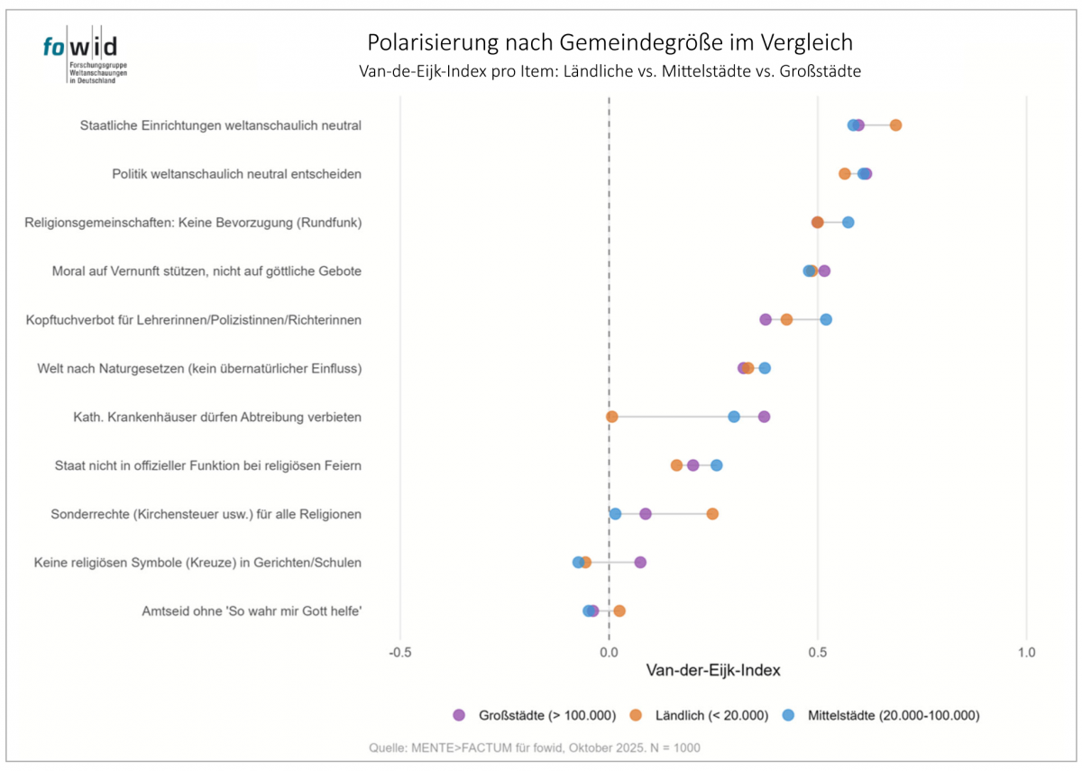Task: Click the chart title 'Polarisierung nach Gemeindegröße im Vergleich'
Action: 610,42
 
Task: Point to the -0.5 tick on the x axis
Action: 400,651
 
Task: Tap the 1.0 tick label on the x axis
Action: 1026,651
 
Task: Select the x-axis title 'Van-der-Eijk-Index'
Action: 713,671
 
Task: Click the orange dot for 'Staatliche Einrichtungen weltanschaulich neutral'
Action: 895,124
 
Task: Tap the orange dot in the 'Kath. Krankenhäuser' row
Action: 612,417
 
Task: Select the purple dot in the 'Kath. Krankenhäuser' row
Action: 764,417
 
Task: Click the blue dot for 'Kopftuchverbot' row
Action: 826,319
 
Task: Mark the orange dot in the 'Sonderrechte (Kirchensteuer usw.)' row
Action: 712,514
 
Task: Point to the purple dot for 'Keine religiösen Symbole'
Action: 640,563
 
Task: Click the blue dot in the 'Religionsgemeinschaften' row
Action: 848,222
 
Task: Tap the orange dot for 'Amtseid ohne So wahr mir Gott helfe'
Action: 619,610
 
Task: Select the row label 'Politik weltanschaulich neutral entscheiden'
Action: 236,173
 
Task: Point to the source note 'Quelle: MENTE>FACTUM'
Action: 535,748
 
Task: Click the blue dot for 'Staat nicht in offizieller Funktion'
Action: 716,465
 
